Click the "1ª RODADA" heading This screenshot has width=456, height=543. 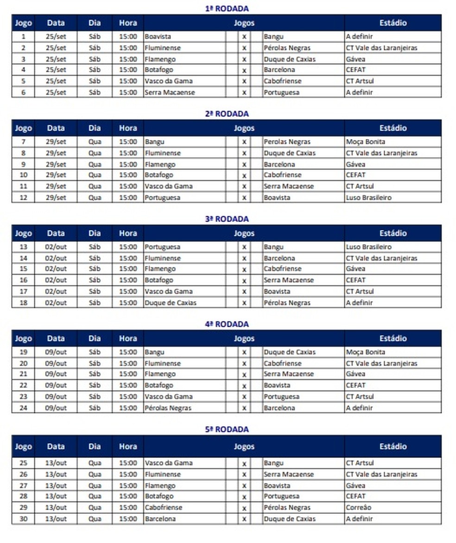(x=227, y=8)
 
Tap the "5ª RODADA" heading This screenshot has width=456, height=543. (x=227, y=429)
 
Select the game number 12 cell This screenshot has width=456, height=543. (x=23, y=197)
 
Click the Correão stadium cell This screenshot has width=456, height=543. (x=359, y=507)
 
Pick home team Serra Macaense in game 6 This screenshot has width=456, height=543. (x=170, y=92)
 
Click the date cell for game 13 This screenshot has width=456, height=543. (x=56, y=247)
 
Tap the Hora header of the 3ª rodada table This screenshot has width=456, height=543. (x=128, y=233)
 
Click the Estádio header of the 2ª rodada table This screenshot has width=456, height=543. (x=393, y=128)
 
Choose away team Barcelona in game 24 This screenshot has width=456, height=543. (x=279, y=408)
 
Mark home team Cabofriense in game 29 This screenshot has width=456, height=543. (x=164, y=507)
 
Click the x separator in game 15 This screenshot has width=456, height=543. (x=244, y=269)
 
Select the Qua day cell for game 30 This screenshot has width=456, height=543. (x=95, y=519)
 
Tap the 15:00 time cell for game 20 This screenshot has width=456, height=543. (x=128, y=363)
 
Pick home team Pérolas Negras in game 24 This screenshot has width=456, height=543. (x=168, y=408)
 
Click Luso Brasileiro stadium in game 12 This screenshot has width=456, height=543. (x=368, y=197)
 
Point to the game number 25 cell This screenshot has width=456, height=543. (x=23, y=463)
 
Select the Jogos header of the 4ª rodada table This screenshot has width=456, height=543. (x=244, y=338)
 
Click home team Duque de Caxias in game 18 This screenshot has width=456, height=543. (x=171, y=303)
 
